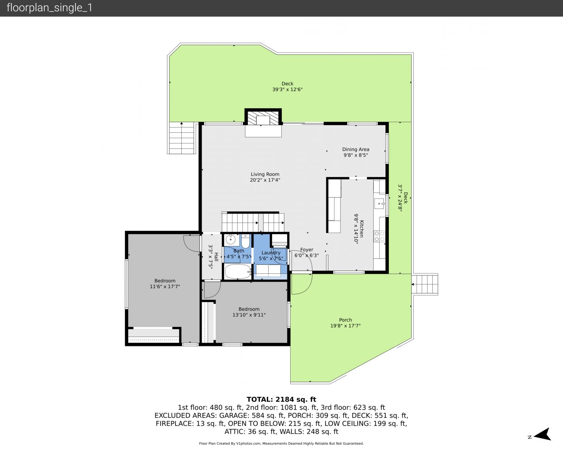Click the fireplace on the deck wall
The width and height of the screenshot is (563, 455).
pos(263,117)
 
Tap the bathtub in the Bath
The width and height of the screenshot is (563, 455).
pos(237,271)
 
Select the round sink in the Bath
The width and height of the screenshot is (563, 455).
pos(231,240)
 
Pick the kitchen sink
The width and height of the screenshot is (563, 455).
pos(380,203)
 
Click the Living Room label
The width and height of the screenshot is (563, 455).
pos(265,174)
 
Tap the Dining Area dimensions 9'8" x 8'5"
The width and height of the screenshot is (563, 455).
pos(356,155)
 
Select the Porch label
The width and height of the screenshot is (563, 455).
pos(345,320)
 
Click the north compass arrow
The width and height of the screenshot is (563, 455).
pos(543,434)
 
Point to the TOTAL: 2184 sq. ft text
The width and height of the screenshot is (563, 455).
pos(281,399)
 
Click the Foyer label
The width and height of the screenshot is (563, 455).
pos(307,249)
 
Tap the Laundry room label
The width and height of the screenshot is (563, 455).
pos(271,253)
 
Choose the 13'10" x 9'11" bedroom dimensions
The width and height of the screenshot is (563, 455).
pos(249,315)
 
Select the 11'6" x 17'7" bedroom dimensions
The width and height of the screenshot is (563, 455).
pos(165,286)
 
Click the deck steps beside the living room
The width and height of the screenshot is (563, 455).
pos(182,138)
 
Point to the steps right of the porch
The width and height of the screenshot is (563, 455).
pos(425,284)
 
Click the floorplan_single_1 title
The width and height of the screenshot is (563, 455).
pos(49,8)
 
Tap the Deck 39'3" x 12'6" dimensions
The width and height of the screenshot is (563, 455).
pos(287,89)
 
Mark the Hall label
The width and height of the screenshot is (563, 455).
pos(216,257)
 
